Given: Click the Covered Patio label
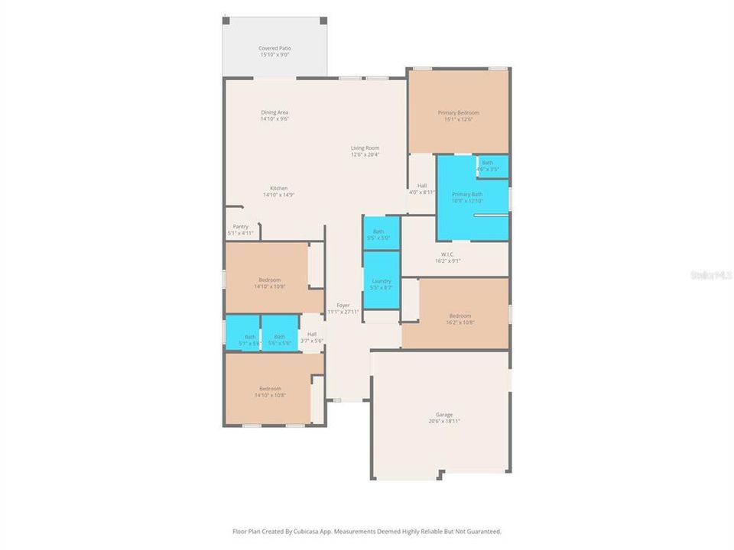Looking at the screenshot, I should (x=274, y=48).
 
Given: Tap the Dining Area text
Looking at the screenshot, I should (x=274, y=112).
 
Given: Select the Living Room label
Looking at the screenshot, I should (x=365, y=148).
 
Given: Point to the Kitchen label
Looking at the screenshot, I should (x=278, y=189).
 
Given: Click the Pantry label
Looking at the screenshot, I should (x=240, y=227).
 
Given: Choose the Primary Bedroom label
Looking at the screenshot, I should (x=458, y=113).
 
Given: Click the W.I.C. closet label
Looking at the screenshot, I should (x=448, y=254).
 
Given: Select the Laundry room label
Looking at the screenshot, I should (x=380, y=281).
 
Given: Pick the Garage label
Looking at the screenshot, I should (x=444, y=414).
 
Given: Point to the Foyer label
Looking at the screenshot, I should (x=343, y=305).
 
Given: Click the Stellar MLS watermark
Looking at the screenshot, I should (x=710, y=273).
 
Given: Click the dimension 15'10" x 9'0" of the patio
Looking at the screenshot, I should (x=274, y=55).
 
